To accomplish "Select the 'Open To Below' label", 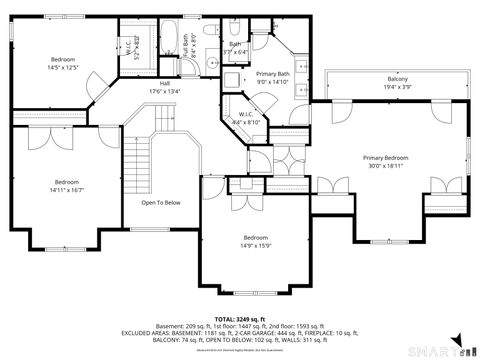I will [160, 202].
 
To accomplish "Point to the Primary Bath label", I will [273, 74].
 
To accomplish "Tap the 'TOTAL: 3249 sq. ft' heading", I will [241, 318].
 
